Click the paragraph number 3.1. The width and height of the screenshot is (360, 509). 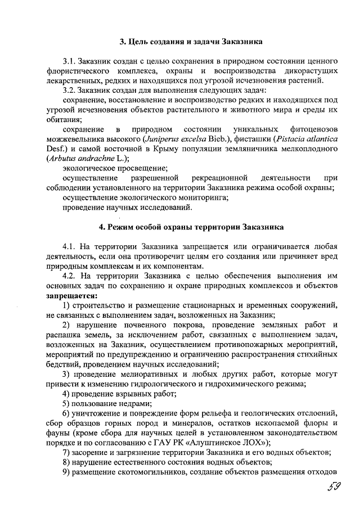click(70, 60)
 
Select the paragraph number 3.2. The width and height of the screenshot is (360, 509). click(70, 89)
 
